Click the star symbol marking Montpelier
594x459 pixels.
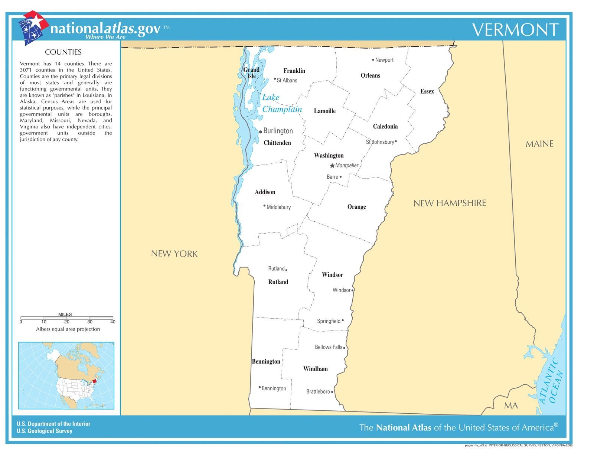click(332, 166)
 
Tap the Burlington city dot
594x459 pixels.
click(261, 131)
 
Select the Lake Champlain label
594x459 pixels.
click(281, 103)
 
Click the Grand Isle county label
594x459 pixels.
click(251, 73)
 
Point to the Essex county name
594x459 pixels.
click(427, 91)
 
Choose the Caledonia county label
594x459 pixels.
click(385, 127)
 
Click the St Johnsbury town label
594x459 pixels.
click(380, 142)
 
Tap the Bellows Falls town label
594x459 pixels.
click(328, 347)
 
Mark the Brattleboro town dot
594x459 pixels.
click(332, 392)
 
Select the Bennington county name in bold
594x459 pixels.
click(266, 361)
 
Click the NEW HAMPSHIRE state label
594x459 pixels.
click(450, 203)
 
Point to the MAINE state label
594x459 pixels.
click(539, 144)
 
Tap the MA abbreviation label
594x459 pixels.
click(511, 406)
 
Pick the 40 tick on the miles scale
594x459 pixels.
click(113, 322)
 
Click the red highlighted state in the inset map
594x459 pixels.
click(94, 380)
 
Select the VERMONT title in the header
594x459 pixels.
click(515, 30)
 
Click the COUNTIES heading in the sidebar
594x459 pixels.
click(63, 52)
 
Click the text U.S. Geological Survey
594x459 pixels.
click(45, 431)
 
